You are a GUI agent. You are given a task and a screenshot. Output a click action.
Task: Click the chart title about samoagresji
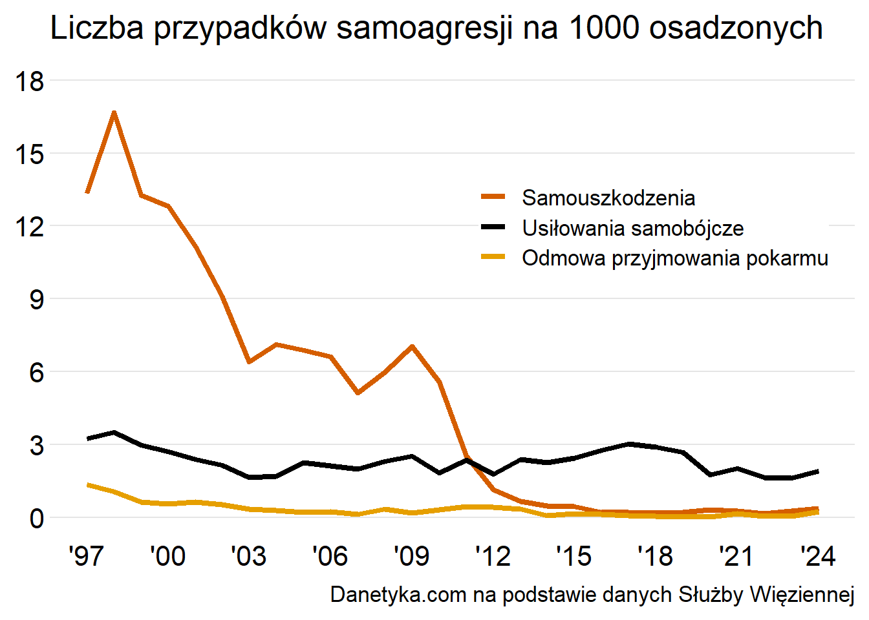(436, 28)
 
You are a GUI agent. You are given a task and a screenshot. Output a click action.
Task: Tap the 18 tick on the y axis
(30, 81)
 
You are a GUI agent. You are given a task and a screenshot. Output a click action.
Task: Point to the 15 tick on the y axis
(30, 154)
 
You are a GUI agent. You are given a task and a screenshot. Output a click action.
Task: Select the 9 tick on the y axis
(36, 299)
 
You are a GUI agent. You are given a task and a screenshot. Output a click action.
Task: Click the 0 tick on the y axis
(36, 518)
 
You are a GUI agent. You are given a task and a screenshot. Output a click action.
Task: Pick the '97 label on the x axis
(86, 556)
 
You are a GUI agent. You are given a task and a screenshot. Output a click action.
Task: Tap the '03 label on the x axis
(248, 556)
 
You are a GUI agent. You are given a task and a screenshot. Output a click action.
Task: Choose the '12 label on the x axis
(493, 556)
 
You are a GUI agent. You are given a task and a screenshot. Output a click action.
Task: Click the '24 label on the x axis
(818, 556)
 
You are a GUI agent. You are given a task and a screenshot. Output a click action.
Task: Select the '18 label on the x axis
(655, 556)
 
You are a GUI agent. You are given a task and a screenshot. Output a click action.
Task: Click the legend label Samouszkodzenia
(608, 198)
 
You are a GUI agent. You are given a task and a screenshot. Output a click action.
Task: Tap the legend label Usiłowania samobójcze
(632, 228)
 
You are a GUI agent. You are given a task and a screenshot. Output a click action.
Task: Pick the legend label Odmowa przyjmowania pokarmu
(675, 258)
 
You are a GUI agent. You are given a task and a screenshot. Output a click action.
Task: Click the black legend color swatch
(493, 227)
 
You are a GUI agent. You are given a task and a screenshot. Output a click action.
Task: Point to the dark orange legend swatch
(493, 197)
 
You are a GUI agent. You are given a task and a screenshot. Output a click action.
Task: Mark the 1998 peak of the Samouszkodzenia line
(114, 113)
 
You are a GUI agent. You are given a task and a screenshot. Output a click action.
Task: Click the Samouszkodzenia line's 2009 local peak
(412, 347)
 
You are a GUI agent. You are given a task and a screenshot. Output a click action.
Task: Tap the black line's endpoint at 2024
(818, 471)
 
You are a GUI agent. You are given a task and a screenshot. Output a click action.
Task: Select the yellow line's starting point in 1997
(87, 484)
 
